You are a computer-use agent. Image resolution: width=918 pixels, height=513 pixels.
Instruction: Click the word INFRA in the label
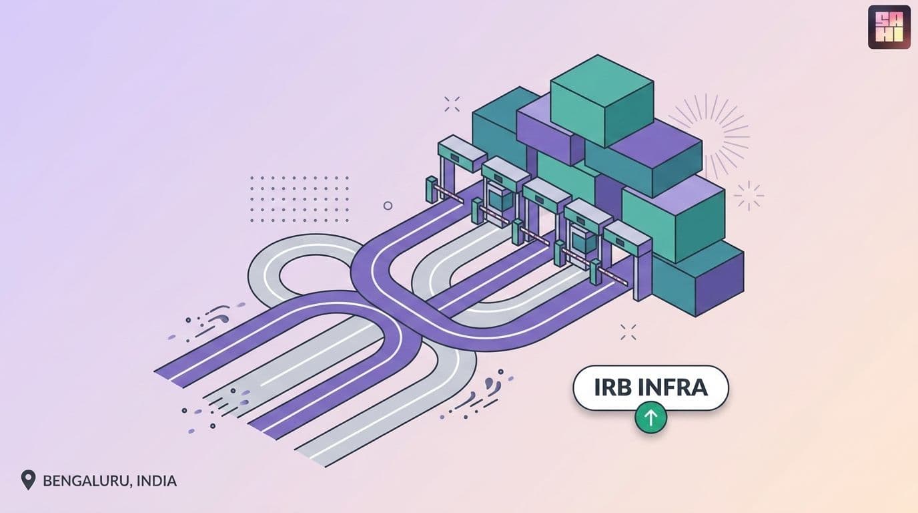tap(667, 387)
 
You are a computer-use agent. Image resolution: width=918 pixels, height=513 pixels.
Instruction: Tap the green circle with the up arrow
tap(650, 417)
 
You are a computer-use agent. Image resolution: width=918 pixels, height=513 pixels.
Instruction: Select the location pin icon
tap(28, 480)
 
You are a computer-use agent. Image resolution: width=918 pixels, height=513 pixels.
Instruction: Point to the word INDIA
tap(157, 480)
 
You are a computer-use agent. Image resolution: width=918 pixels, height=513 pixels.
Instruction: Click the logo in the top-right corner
tap(889, 27)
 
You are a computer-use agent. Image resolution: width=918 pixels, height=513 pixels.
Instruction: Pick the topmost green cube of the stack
tap(602, 101)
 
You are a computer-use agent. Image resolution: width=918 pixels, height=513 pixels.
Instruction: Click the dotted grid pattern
tap(299, 200)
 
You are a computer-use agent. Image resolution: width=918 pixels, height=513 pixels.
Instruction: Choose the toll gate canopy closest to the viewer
tap(627, 239)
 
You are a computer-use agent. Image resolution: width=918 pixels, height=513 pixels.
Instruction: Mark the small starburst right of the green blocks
tap(749, 196)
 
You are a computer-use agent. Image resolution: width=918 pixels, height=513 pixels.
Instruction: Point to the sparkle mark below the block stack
tap(628, 332)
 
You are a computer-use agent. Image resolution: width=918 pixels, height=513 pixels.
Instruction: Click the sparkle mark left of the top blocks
tap(452, 104)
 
